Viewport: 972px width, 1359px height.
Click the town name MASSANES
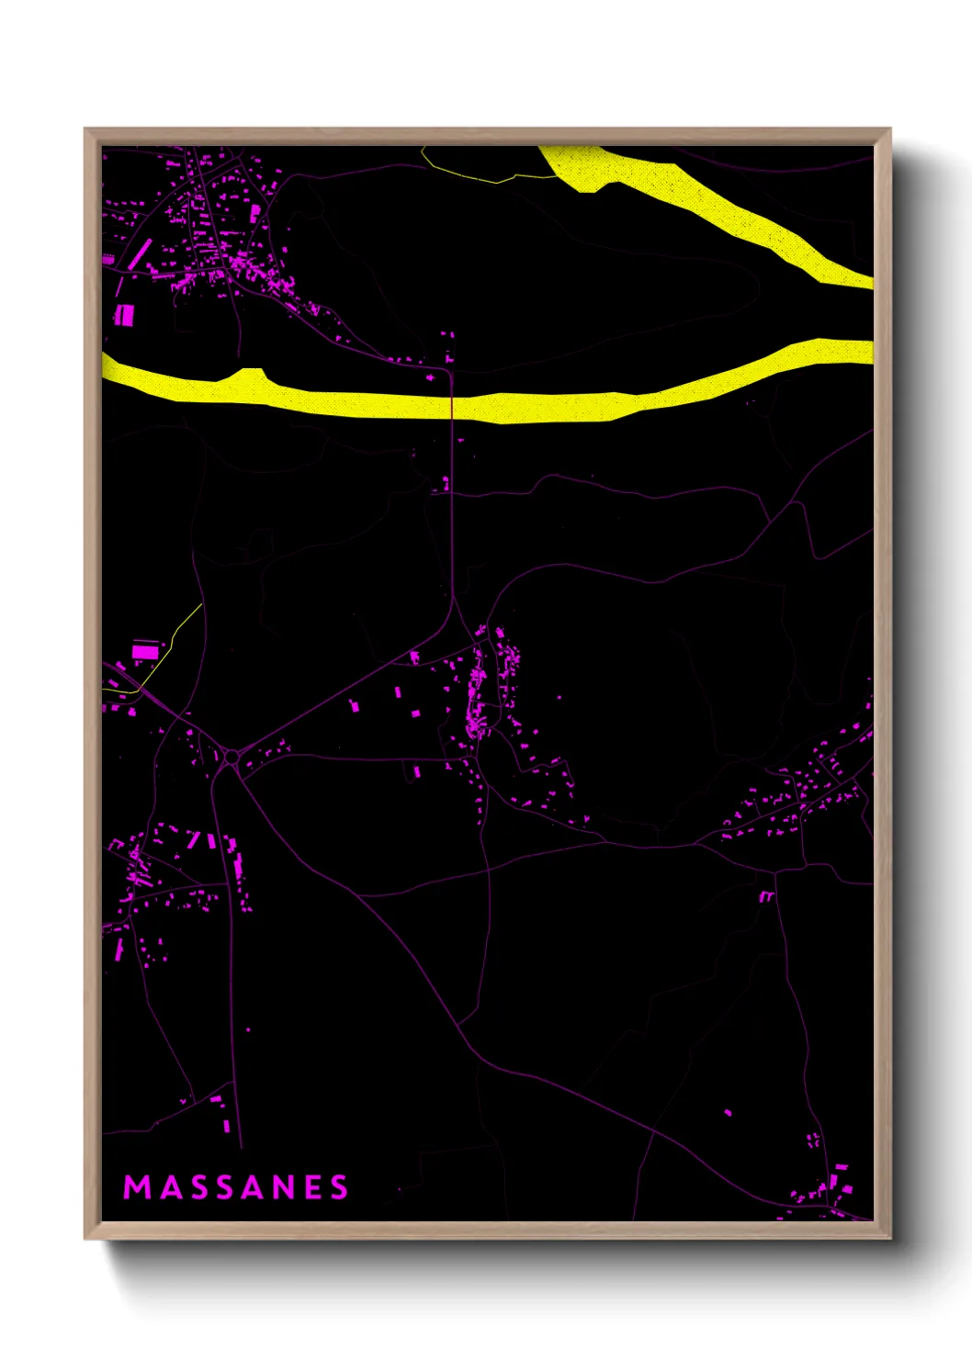click(x=236, y=1187)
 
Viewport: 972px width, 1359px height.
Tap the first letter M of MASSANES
click(x=137, y=1187)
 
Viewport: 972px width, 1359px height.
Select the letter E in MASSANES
click(x=312, y=1187)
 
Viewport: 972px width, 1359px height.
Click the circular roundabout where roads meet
click(x=232, y=758)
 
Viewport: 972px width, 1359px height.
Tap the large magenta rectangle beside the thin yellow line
click(x=145, y=652)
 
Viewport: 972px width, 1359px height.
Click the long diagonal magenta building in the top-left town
click(x=137, y=254)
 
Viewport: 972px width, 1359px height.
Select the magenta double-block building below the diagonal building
click(x=124, y=316)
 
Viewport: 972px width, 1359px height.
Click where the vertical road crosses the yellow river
click(x=451, y=404)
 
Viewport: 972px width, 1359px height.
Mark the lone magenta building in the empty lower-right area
click(x=728, y=1113)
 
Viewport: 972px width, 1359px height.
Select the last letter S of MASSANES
click(x=340, y=1187)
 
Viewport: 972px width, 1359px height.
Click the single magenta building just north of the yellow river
click(x=430, y=376)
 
